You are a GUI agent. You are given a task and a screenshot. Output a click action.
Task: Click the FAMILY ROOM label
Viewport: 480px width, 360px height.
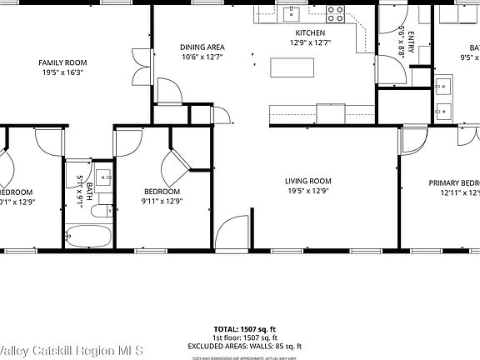(62, 62)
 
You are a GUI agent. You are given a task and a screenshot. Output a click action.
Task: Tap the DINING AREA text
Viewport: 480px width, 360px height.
(202, 47)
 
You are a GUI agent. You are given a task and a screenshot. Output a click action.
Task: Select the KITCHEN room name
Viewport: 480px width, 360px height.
(309, 32)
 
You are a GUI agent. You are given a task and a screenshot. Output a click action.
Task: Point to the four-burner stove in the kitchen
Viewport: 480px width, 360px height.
(335, 12)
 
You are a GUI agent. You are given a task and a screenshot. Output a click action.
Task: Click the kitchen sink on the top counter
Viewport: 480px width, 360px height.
(292, 12)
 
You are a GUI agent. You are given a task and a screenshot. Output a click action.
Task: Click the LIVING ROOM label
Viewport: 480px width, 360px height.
(307, 181)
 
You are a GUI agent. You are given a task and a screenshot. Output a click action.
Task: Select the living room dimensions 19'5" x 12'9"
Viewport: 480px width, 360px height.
(307, 191)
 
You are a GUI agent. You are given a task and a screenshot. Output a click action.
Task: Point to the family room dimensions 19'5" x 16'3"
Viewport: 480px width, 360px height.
(62, 72)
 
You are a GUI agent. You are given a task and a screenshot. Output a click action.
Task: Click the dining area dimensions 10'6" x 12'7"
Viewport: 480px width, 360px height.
(202, 57)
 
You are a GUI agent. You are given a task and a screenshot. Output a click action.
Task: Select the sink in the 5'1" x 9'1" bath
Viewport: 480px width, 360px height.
(102, 177)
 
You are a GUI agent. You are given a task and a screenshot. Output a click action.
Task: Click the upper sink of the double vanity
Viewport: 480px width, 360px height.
(442, 83)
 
